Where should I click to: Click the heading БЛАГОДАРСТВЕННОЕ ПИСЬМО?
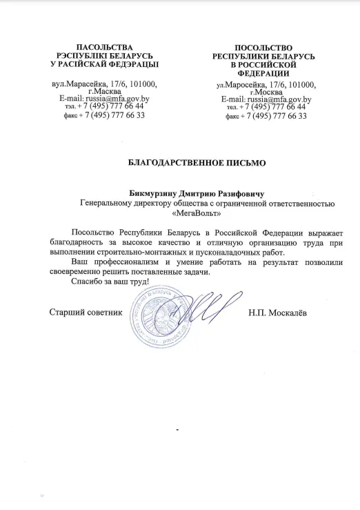pos(197,163)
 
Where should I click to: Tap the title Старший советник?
pos(86,313)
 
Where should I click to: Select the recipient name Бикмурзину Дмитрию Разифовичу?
pos(197,193)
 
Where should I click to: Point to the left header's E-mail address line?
pos(105,99)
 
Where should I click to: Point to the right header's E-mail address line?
pos(266,99)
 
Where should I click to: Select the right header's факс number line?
pos(266,115)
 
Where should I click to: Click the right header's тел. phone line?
pos(266,107)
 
